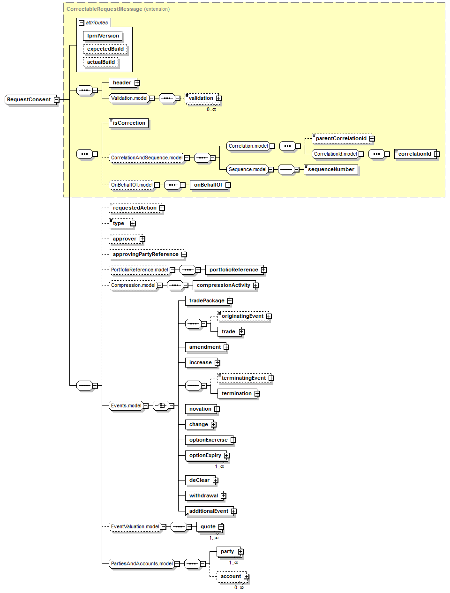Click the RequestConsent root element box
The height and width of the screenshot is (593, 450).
coord(29,99)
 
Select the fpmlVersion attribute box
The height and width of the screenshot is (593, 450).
coord(103,36)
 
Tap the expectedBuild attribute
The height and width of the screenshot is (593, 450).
coord(105,49)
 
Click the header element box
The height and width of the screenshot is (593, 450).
coord(122,83)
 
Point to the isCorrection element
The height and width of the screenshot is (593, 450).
coord(129,123)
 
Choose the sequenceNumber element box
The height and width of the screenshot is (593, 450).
coord(331,169)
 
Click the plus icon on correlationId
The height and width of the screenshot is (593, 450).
coord(436,154)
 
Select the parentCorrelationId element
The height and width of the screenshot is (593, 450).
coord(341,138)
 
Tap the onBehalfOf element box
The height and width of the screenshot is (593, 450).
coord(208,185)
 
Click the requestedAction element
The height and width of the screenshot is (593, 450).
coord(135,208)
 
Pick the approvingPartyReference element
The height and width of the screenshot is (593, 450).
coord(145,254)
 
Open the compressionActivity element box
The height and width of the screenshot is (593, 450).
coord(224,285)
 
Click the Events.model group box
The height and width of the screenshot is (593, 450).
coord(126,405)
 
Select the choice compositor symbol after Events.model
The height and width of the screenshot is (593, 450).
coord(161,405)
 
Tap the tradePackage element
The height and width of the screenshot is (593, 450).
coord(207,300)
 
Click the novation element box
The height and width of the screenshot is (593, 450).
coord(200,409)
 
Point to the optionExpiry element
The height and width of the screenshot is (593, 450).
coord(205,455)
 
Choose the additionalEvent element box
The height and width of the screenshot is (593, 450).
coord(209,511)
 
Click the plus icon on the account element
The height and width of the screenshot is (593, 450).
coord(246,576)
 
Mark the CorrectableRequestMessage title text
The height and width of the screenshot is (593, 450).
coord(104,9)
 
